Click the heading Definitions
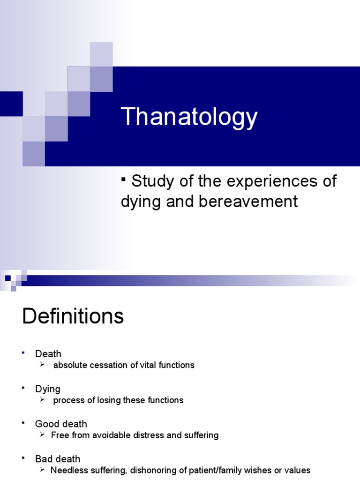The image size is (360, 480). (x=73, y=316)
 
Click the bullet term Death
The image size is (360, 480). (x=48, y=353)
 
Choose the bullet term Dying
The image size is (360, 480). (x=48, y=389)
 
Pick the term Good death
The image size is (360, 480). (x=61, y=424)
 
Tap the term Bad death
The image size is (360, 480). (x=58, y=459)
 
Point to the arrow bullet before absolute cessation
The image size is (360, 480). (x=43, y=365)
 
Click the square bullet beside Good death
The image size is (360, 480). (x=23, y=423)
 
